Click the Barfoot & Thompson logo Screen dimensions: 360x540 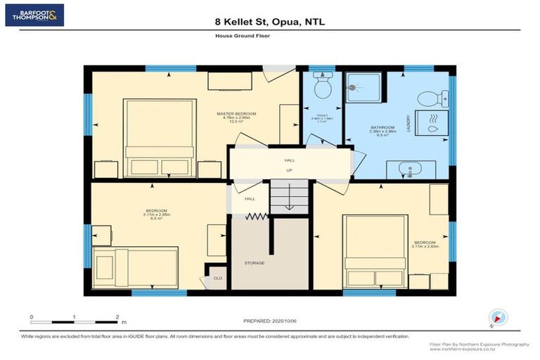pyautogui.click(x=34, y=15)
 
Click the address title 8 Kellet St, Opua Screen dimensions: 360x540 pyautogui.click(x=269, y=22)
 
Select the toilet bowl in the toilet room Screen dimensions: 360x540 pyautogui.click(x=323, y=87)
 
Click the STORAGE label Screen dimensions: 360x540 pyautogui.click(x=255, y=263)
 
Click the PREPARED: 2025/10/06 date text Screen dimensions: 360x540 pyautogui.click(x=270, y=319)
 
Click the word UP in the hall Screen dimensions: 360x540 pyautogui.click(x=289, y=169)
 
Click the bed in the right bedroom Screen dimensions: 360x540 pyautogui.click(x=375, y=250)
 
